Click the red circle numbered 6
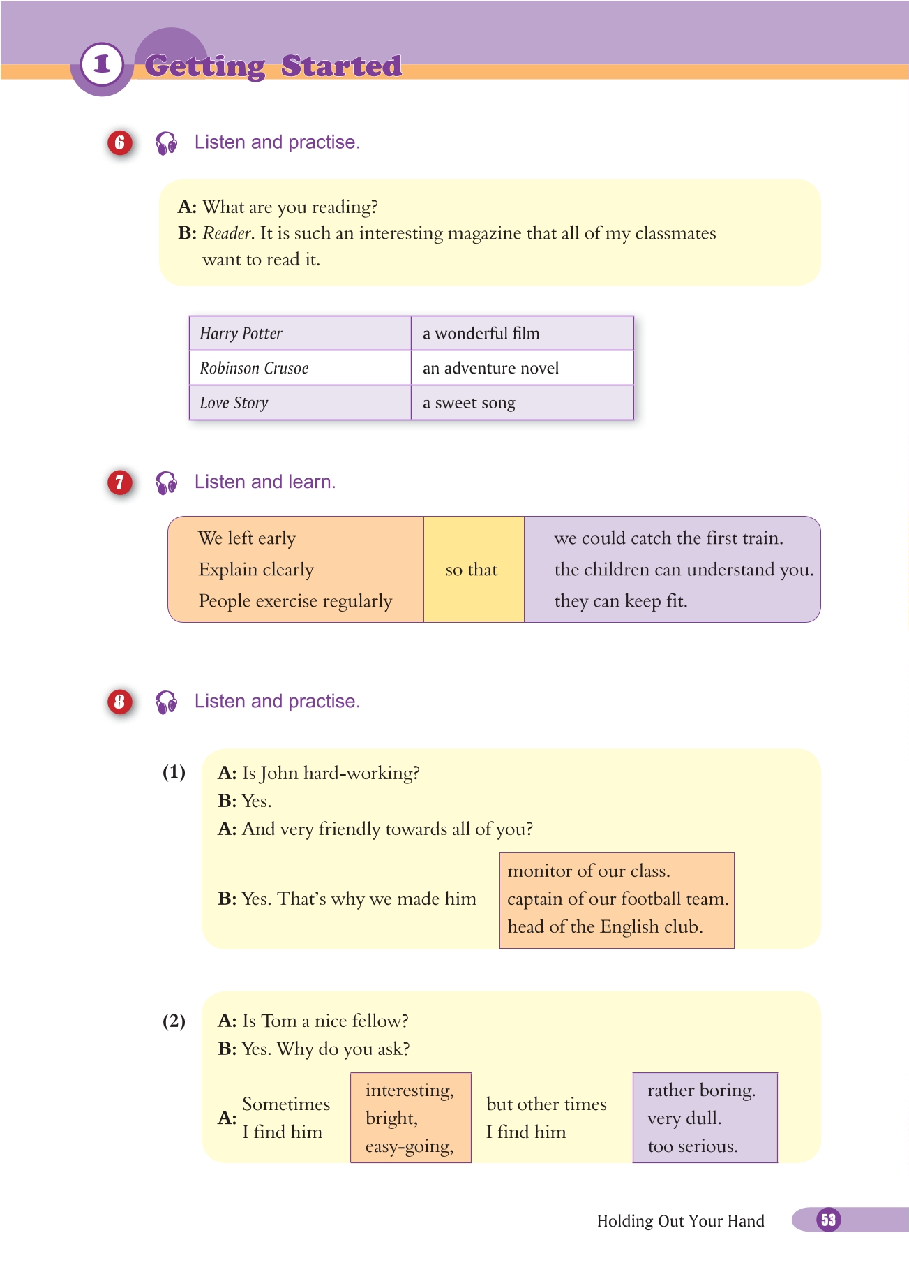pos(120,142)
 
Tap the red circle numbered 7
pos(120,482)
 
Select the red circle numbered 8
pos(120,701)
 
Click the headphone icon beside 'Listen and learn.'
pos(167,482)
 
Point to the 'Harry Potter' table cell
pos(300,333)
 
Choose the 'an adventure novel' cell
pos(522,368)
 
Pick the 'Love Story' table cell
pos(300,403)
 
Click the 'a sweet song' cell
pos(522,403)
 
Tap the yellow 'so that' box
pos(472,570)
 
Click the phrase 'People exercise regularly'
pos(295,601)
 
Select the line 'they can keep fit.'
pos(621,601)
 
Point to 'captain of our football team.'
pos(617,899)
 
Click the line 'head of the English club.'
pos(605,927)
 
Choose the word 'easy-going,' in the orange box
pos(410,1146)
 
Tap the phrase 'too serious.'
pos(693,1146)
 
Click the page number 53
pos(828,1220)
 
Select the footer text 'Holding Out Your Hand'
pos(680,1221)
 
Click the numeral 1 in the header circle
pos(102,64)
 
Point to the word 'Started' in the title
pos(341,66)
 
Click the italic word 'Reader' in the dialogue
pos(227,233)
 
